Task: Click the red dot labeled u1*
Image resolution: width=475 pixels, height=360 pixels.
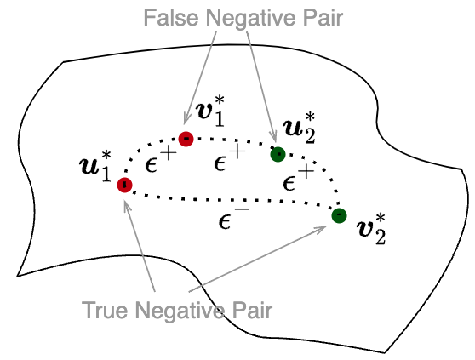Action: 124,184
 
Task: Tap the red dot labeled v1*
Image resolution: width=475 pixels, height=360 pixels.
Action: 186,136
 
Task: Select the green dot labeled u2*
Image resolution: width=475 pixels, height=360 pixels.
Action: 277,154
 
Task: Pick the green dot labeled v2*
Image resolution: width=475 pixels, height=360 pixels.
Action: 339,214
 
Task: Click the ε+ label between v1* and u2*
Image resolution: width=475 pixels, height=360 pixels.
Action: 229,155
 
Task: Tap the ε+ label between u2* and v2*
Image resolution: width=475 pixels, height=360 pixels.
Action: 297,180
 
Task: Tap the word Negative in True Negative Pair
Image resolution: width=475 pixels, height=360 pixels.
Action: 180,310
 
